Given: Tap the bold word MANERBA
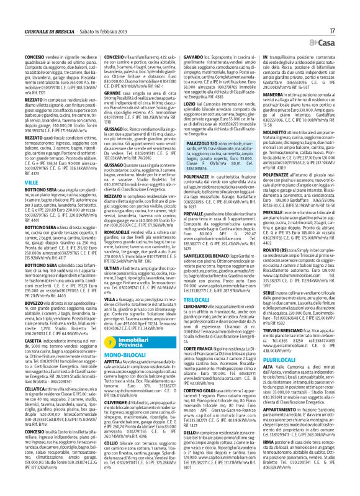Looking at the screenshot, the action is (x=264, y=95).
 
